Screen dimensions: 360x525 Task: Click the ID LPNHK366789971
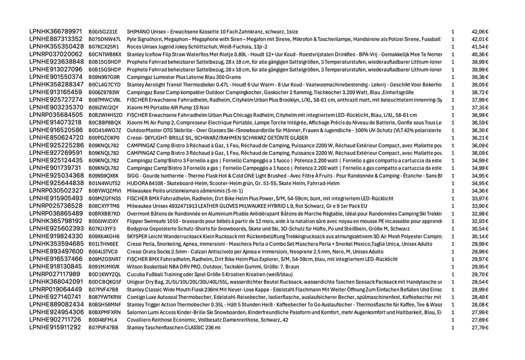[55, 31]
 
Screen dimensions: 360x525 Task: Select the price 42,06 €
[479, 31]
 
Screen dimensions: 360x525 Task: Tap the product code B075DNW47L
[105, 39]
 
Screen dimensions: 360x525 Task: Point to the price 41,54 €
[479, 47]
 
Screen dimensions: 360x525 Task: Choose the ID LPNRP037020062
[55, 54]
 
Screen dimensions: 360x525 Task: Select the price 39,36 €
[479, 77]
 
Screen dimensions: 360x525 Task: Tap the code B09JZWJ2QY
[103, 107]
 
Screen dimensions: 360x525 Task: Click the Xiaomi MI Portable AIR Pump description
[168, 107]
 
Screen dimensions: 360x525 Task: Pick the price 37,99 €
[479, 99]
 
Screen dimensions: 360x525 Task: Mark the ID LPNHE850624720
[55, 137]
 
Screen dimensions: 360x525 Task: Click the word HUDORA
[136, 183]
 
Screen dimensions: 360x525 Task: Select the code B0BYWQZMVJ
[105, 191]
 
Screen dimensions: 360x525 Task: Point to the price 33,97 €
[479, 198]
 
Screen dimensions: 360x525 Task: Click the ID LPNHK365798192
[55, 221]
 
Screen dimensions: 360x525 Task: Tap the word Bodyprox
[137, 229]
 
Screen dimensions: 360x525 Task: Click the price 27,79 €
[479, 327]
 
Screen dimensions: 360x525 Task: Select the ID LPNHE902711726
[55, 319]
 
